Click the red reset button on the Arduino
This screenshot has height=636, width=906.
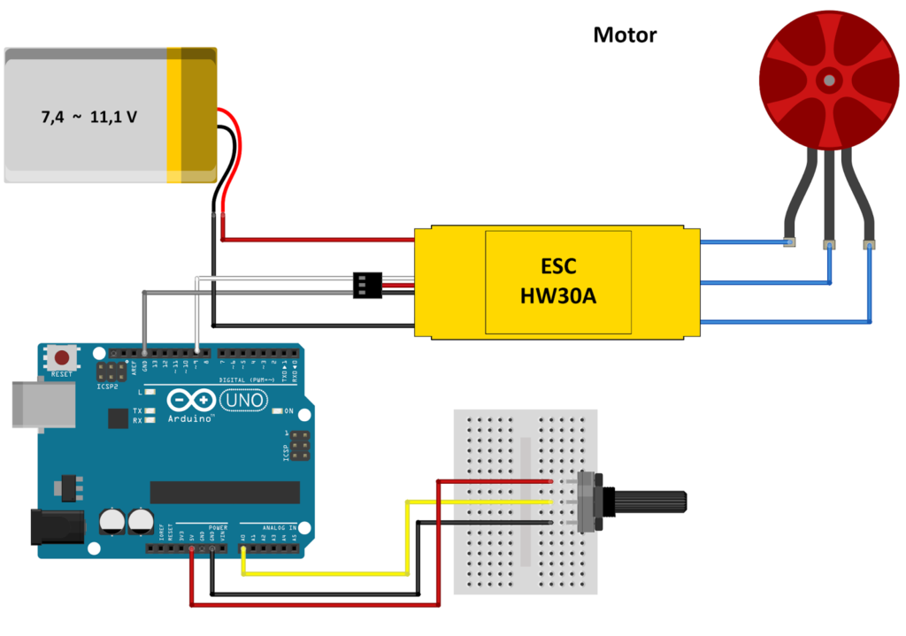(62, 358)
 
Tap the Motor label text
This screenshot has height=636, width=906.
(625, 35)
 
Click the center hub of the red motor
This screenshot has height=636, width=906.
(828, 80)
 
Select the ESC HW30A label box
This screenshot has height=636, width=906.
(557, 281)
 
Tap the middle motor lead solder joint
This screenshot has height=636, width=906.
(829, 244)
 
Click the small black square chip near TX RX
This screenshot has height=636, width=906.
(117, 418)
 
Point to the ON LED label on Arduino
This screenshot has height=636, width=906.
(288, 411)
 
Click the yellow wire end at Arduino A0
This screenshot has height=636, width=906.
(243, 549)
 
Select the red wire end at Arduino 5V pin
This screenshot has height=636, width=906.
(192, 549)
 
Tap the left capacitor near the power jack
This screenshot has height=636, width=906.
(112, 520)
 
